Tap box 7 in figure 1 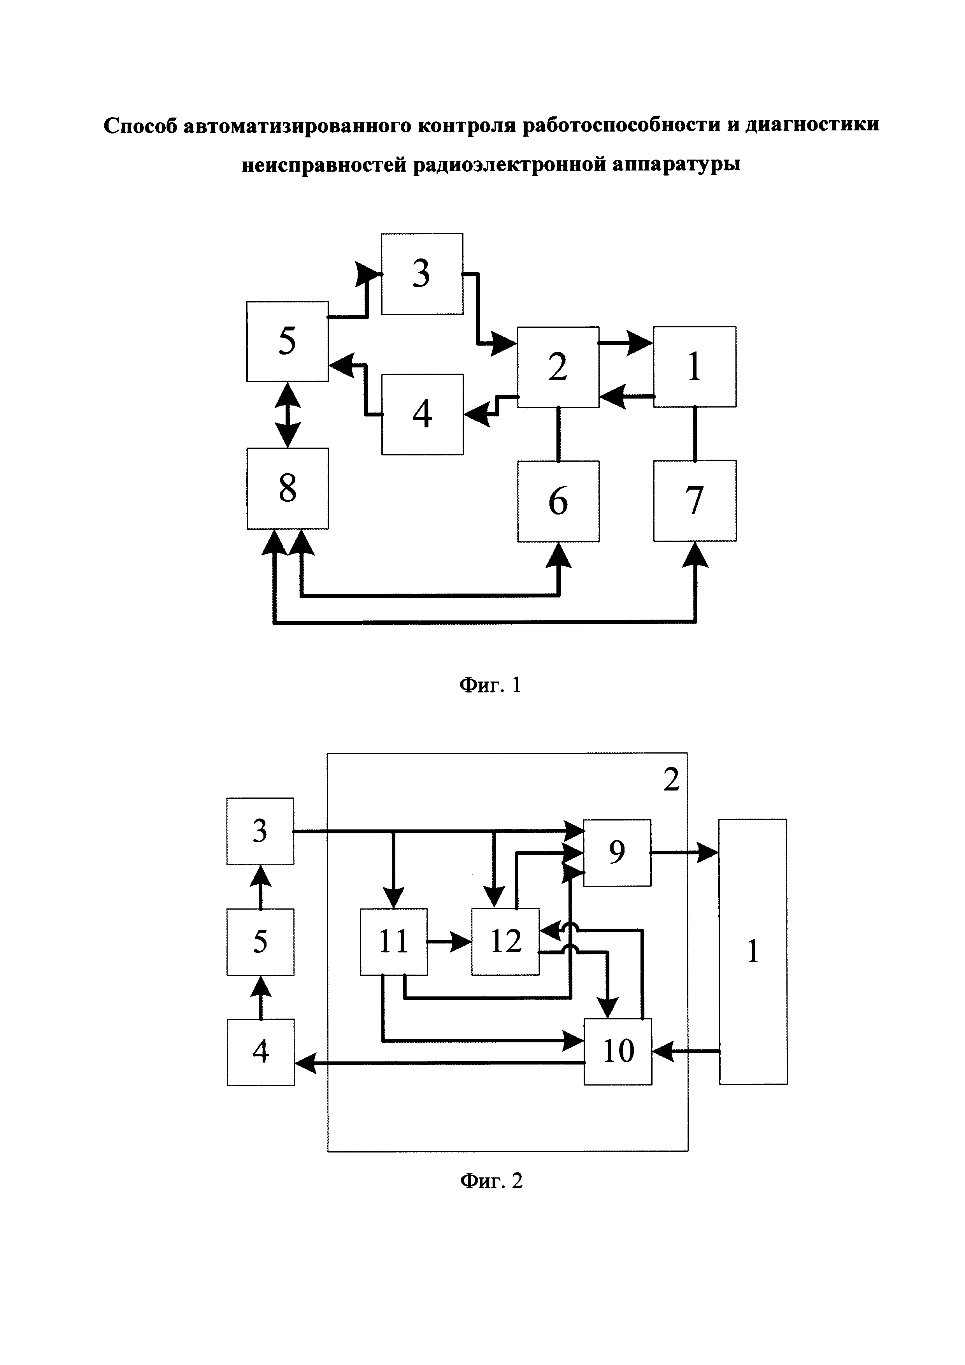[x=695, y=500]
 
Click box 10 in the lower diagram [x=618, y=1051]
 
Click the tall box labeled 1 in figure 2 [x=753, y=951]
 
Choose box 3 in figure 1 [x=422, y=274]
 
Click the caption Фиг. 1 [x=490, y=685]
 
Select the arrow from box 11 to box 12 [x=449, y=942]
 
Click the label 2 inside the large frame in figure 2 [x=671, y=779]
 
